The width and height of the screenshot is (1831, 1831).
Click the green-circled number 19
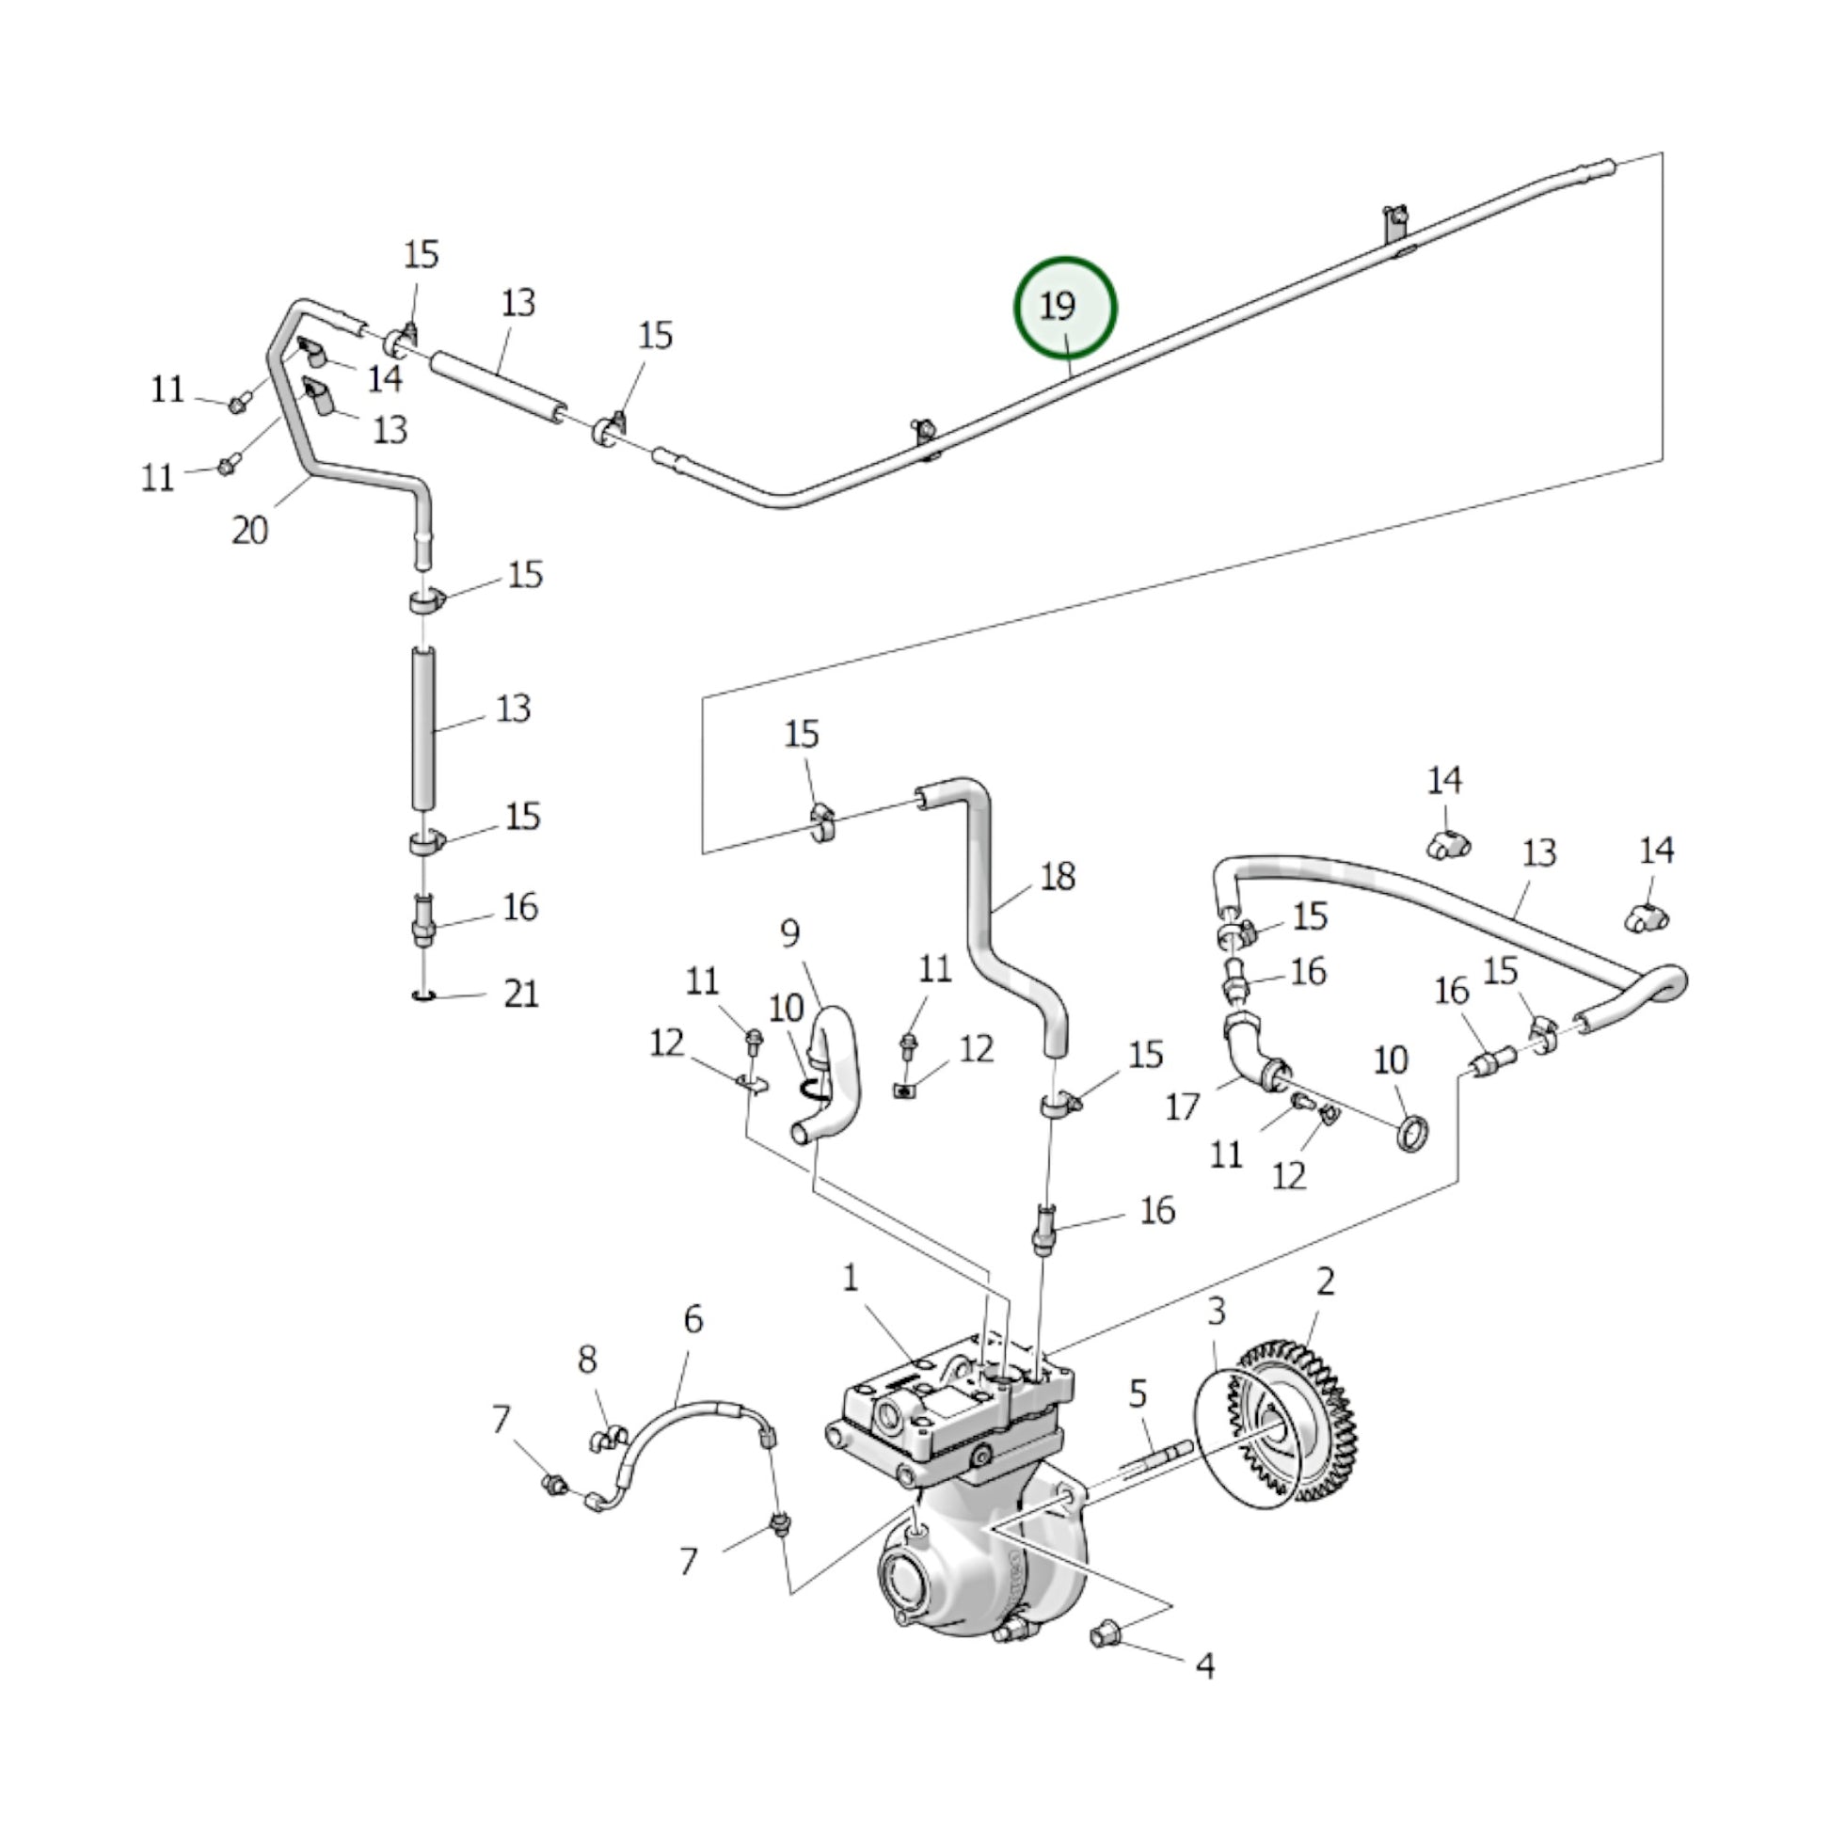tap(1064, 308)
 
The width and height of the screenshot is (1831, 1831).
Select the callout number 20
tap(249, 530)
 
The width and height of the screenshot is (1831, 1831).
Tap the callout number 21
tap(521, 994)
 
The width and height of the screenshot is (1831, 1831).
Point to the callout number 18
tap(1058, 877)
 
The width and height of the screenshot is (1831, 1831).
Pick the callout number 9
tap(790, 933)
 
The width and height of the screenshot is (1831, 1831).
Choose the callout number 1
tap(851, 1279)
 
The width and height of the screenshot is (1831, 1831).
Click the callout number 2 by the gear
tap(1325, 1282)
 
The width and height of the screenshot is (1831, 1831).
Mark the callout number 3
tap(1216, 1312)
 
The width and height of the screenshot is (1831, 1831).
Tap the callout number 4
tap(1204, 1665)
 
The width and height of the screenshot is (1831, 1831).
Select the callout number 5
tap(1138, 1393)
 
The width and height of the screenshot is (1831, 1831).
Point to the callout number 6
tap(693, 1318)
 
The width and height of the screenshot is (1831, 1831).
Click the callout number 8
tap(587, 1360)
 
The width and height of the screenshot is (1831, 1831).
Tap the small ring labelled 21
tap(423, 995)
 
